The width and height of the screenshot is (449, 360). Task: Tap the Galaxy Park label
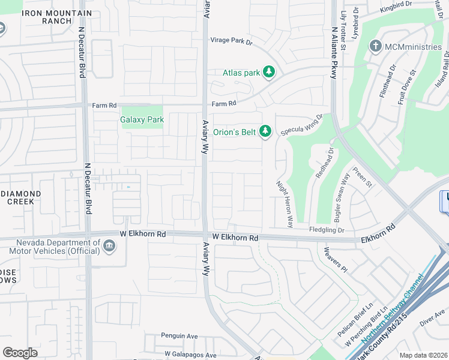142,120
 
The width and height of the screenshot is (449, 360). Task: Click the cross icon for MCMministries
376,46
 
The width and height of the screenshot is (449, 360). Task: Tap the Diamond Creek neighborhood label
20,198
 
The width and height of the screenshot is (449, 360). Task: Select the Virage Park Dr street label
232,41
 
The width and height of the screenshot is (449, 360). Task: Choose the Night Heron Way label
284,204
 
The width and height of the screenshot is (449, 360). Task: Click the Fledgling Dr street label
327,230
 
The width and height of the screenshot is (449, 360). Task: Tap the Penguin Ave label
179,336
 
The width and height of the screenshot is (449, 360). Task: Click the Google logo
20,353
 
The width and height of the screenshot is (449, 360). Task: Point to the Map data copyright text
424,355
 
